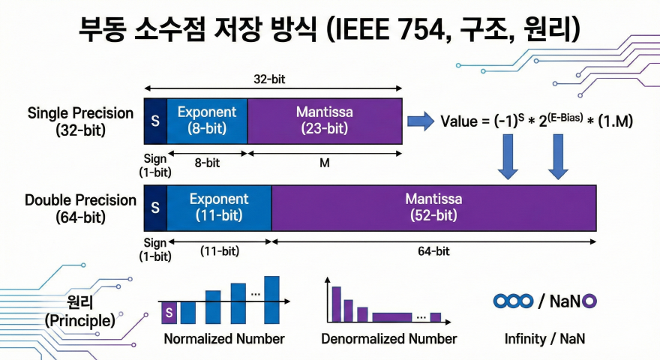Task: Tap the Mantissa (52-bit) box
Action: pyautogui.click(x=433, y=207)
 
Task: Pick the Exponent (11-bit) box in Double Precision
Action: pyautogui.click(x=218, y=207)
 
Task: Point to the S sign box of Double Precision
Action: pyautogui.click(x=155, y=207)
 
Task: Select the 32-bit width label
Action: pyautogui.click(x=271, y=78)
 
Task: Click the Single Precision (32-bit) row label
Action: pyautogui.click(x=80, y=121)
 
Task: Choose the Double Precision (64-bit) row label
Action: pyautogui.click(x=80, y=208)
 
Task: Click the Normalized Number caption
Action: pyautogui.click(x=224, y=339)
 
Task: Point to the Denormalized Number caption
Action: pyautogui.click(x=388, y=339)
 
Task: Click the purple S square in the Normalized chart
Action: pyautogui.click(x=169, y=311)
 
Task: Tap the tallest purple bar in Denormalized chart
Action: pyautogui.click(x=337, y=302)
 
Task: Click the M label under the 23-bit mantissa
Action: pyautogui.click(x=324, y=162)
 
